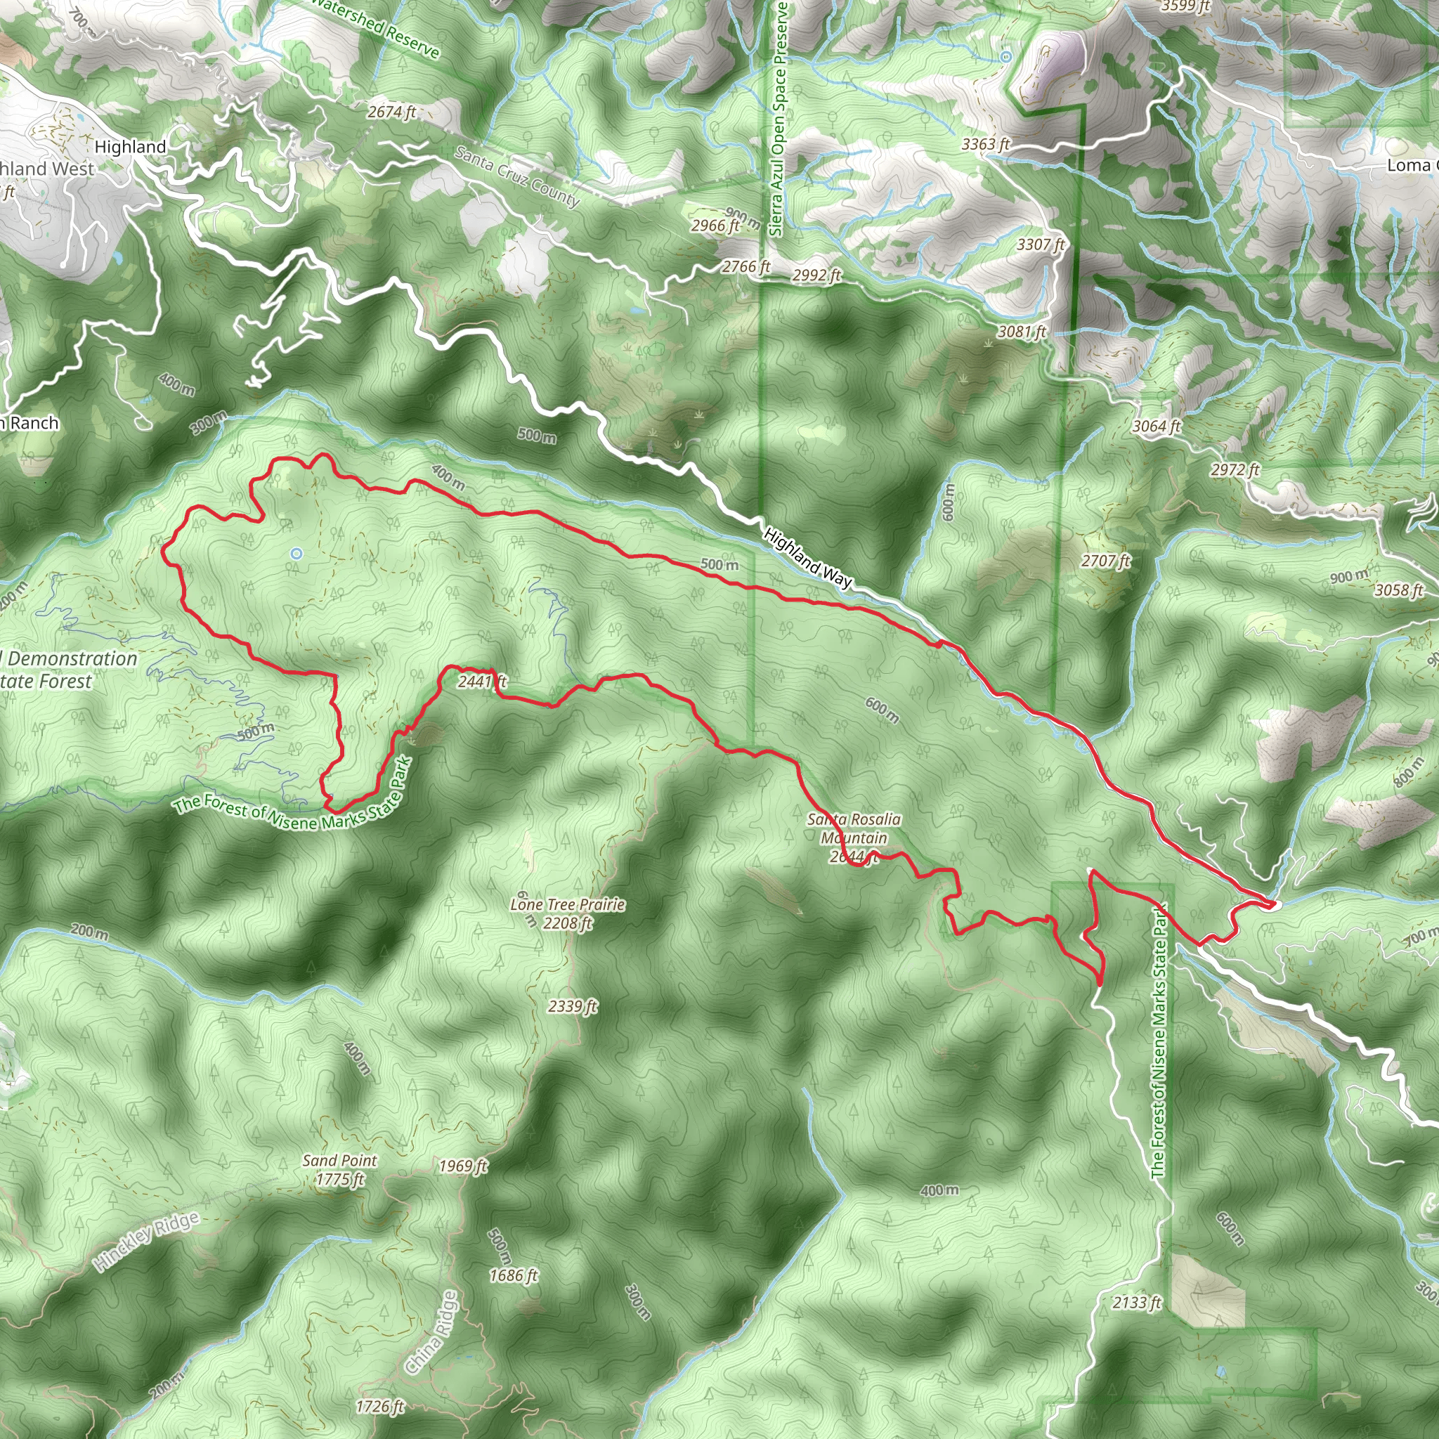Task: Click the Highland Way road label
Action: pos(807,559)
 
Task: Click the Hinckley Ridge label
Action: pos(148,1241)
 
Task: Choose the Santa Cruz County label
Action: pos(516,176)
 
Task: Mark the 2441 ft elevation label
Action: pos(482,681)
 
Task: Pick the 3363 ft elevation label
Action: pos(985,144)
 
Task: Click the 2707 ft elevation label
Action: pos(1106,561)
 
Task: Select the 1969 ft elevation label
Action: pos(463,1166)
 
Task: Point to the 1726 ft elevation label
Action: pos(380,1406)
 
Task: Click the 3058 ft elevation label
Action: pos(1399,590)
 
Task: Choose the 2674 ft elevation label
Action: pos(392,112)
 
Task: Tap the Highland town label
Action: pos(131,147)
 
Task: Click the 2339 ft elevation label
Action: pos(573,1006)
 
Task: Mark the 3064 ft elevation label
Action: pos(1157,426)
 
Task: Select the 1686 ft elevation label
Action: pos(513,1275)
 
